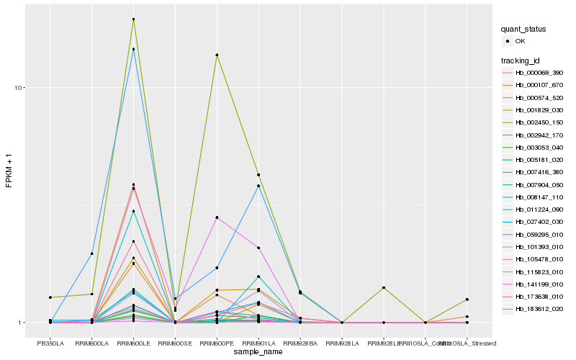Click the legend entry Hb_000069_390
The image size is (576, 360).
pos(534,73)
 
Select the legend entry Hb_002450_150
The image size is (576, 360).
pos(534,122)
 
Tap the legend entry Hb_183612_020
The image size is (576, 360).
pos(534,309)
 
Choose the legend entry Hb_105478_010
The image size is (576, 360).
pos(534,259)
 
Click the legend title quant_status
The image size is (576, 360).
pos(523,29)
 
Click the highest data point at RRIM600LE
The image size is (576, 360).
pos(133,19)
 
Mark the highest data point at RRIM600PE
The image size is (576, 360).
pos(217,55)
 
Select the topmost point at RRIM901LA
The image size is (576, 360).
pos(258,175)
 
